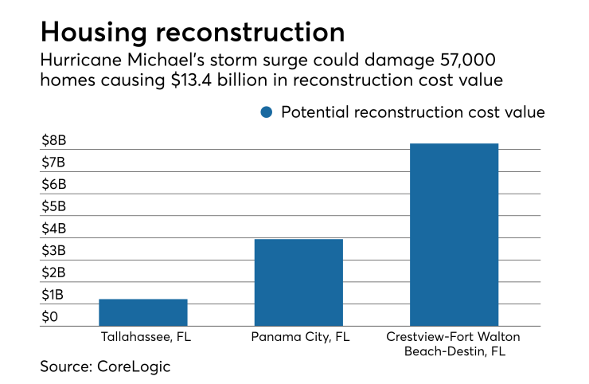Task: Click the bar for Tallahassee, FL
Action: pos(143,312)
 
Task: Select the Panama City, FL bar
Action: pos(298,283)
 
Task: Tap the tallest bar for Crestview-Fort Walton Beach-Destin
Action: pos(453,235)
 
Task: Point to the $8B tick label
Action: pos(54,142)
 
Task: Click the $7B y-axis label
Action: pos(54,163)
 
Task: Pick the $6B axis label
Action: pos(54,185)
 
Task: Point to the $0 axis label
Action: pos(50,317)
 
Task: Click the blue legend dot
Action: pos(267,112)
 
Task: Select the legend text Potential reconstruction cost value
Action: pos(412,112)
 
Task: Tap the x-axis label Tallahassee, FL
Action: pos(144,337)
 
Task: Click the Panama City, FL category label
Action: pos(298,337)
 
